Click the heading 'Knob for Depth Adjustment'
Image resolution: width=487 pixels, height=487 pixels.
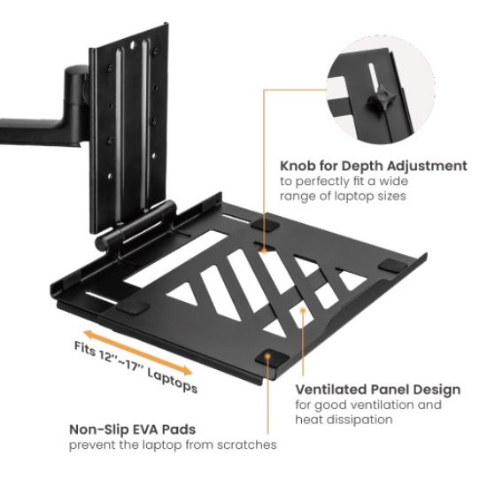click(373, 166)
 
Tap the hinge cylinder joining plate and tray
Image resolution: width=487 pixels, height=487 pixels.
click(143, 222)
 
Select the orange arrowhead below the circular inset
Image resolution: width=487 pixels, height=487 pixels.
click(266, 249)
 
